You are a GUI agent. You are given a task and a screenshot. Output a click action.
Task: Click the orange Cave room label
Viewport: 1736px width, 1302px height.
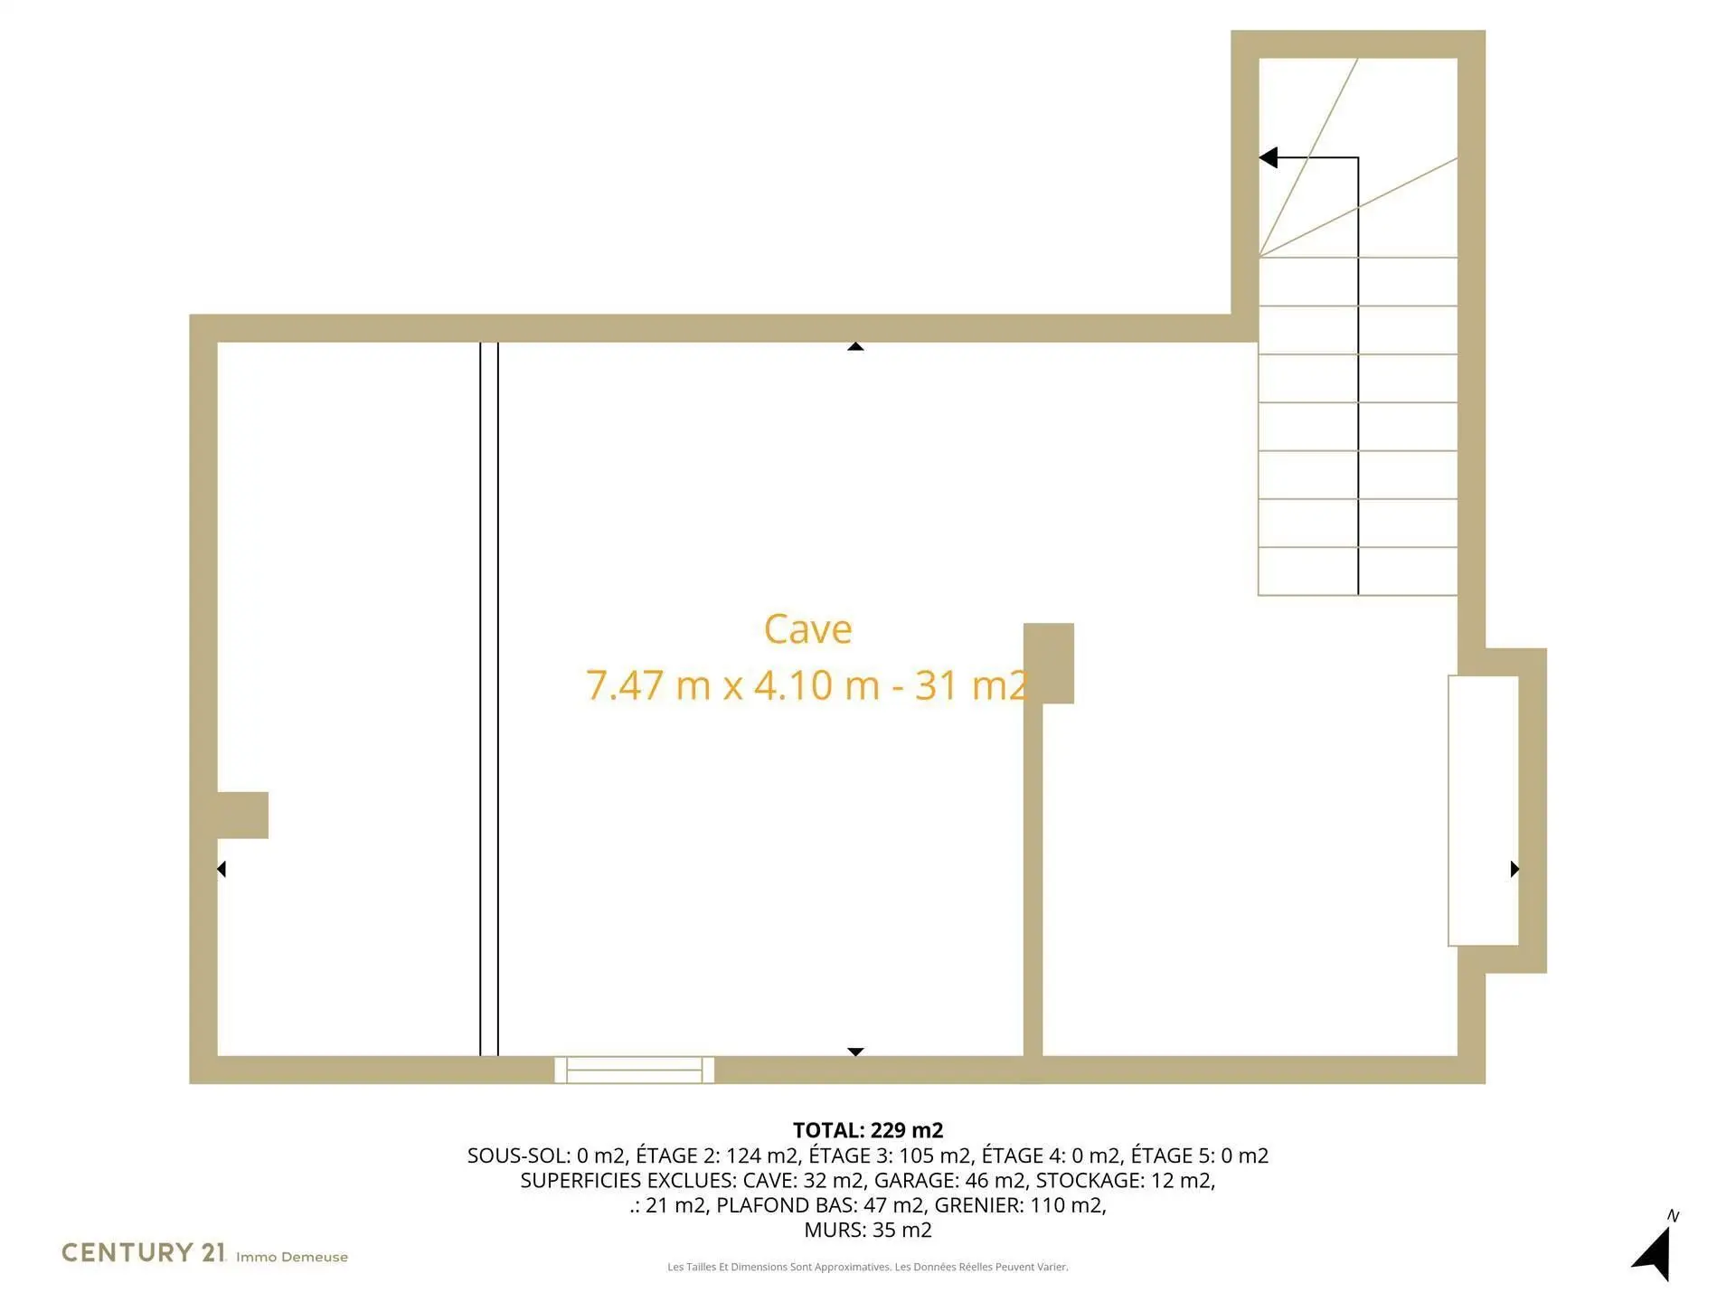click(x=807, y=629)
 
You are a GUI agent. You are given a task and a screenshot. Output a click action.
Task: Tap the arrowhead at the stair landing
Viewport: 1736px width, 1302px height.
click(x=1269, y=157)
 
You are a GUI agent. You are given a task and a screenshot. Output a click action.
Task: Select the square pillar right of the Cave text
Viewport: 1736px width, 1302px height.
click(x=1049, y=663)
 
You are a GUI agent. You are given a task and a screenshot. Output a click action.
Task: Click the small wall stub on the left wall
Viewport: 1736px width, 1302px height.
click(x=242, y=815)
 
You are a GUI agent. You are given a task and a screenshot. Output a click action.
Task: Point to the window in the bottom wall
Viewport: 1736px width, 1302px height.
click(x=634, y=1070)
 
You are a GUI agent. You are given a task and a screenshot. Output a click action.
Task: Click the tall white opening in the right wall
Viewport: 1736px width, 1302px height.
click(x=1483, y=810)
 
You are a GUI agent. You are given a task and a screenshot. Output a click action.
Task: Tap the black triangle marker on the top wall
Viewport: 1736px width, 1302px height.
click(x=855, y=346)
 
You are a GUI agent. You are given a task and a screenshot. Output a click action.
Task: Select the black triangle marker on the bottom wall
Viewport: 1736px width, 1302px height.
click(x=855, y=1052)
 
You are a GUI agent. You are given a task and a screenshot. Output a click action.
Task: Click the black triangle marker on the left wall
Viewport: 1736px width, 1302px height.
click(x=222, y=869)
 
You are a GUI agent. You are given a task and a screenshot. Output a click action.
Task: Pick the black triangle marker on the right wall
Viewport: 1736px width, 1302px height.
click(x=1514, y=869)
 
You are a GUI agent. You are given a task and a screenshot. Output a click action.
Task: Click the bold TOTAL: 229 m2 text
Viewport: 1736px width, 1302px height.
click(x=868, y=1130)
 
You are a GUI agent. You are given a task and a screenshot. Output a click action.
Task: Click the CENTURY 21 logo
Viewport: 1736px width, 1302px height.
click(x=143, y=1252)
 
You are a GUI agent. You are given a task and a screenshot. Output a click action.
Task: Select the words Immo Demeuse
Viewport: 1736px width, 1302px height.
click(x=292, y=1257)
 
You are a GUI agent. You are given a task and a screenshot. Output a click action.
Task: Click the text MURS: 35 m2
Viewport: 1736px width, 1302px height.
click(x=868, y=1230)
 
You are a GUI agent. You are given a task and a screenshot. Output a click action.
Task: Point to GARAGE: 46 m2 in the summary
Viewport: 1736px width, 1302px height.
click(x=949, y=1180)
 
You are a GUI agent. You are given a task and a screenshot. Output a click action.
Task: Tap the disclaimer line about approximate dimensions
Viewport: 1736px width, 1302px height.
click(x=868, y=1267)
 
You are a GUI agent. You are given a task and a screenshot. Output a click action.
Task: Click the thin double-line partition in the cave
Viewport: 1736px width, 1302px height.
click(x=489, y=699)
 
